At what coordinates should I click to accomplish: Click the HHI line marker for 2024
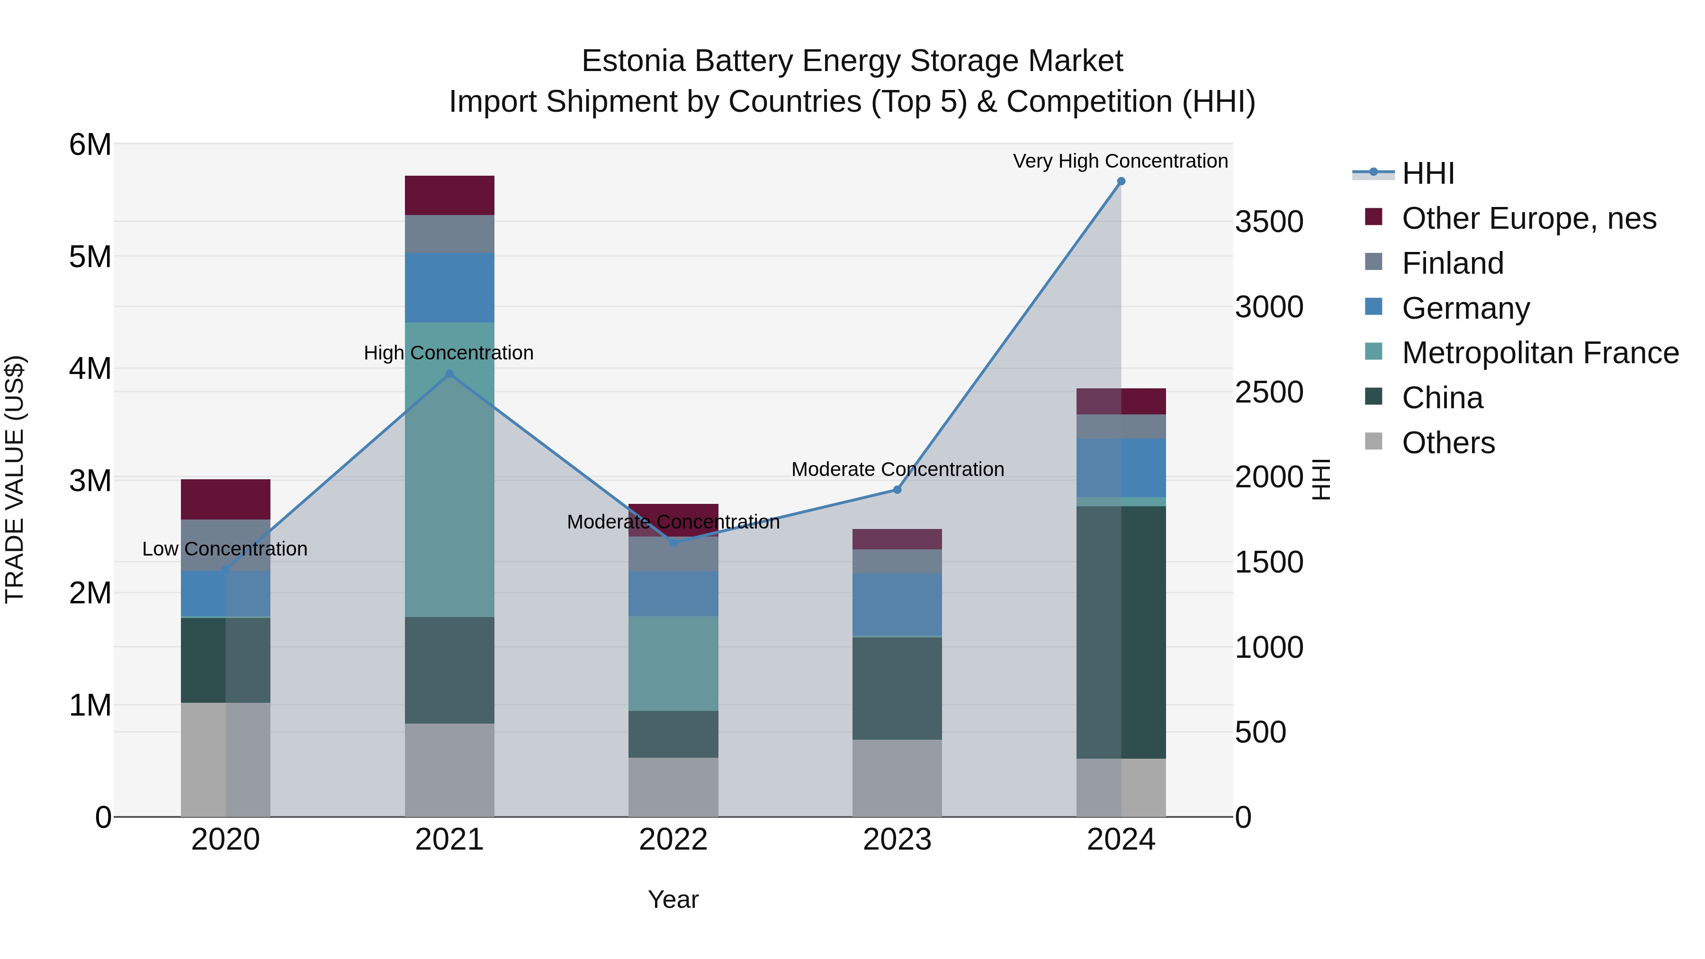(x=1121, y=181)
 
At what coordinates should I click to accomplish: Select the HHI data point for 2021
(x=449, y=374)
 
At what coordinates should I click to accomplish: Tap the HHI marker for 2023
(x=897, y=490)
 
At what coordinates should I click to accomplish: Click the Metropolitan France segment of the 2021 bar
(x=449, y=470)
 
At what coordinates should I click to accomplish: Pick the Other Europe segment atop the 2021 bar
(x=449, y=195)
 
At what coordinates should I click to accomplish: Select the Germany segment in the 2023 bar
(x=897, y=604)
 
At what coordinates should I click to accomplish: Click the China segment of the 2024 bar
(x=1121, y=632)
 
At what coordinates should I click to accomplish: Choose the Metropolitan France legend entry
(x=1540, y=353)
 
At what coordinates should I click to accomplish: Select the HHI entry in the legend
(x=1427, y=173)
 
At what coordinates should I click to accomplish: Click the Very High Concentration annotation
(x=1120, y=161)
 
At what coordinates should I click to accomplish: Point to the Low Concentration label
(x=224, y=549)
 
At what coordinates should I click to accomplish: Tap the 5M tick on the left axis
(x=90, y=257)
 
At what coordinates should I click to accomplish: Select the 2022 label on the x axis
(x=673, y=840)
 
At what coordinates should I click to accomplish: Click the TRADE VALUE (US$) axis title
(x=15, y=479)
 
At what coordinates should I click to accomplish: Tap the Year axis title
(x=673, y=899)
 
